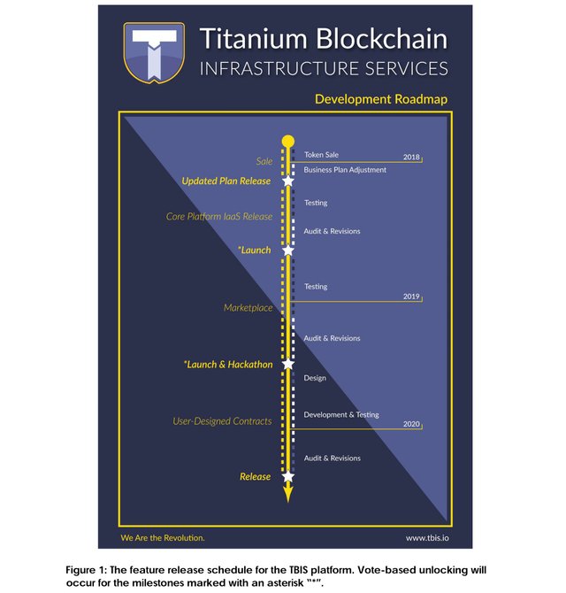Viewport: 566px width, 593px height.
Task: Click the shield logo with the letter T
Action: pos(154,51)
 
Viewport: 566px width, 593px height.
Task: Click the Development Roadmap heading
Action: pos(380,99)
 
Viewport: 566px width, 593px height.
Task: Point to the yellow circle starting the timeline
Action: pos(287,141)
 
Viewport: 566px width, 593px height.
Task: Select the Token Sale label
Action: pos(321,155)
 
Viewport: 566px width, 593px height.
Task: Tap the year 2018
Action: pos(411,157)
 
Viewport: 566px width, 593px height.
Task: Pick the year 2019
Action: pos(411,296)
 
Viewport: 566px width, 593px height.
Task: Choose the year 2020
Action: pos(411,425)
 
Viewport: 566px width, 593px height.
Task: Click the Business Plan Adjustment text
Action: pos(345,170)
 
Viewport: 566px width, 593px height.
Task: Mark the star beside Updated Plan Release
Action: pos(287,181)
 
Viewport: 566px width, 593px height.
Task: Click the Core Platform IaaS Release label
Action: pos(219,217)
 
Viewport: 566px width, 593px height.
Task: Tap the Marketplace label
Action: pos(248,308)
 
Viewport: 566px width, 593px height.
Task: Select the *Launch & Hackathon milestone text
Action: pos(227,365)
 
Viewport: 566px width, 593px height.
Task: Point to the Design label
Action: pos(315,378)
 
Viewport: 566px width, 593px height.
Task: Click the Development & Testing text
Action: pos(341,414)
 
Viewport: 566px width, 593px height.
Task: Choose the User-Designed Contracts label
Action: pos(222,421)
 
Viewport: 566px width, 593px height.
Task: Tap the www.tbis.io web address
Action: pos(427,537)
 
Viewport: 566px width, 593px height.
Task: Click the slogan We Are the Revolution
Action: pos(163,537)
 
